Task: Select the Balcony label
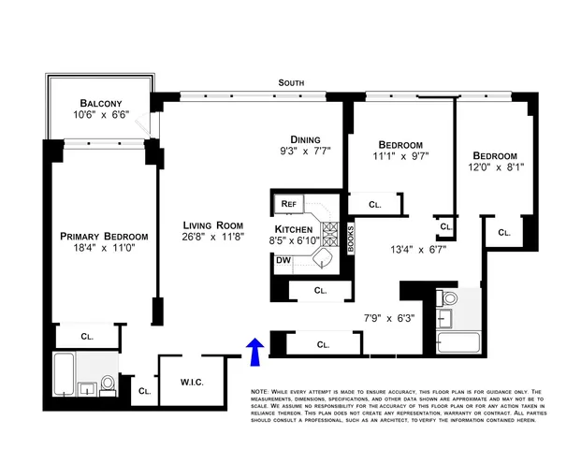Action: coord(98,102)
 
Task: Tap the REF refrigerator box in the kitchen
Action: coord(286,203)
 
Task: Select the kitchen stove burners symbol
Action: coord(331,231)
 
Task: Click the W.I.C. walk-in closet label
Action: coord(192,384)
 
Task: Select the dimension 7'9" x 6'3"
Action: coord(388,317)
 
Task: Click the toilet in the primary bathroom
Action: coord(108,383)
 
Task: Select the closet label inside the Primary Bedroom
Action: coord(88,335)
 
